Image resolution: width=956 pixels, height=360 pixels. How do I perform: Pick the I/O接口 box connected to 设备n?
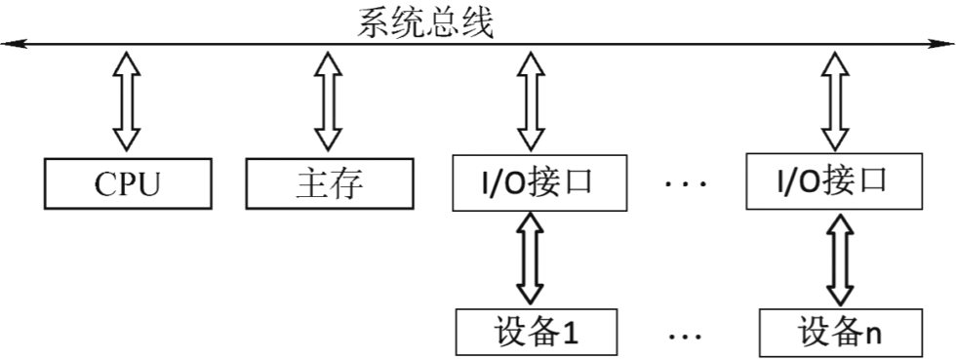(830, 181)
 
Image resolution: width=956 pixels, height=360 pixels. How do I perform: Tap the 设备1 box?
(537, 332)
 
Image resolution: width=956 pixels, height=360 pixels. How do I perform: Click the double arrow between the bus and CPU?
(128, 100)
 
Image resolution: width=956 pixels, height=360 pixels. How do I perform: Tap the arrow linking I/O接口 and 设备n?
(838, 259)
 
